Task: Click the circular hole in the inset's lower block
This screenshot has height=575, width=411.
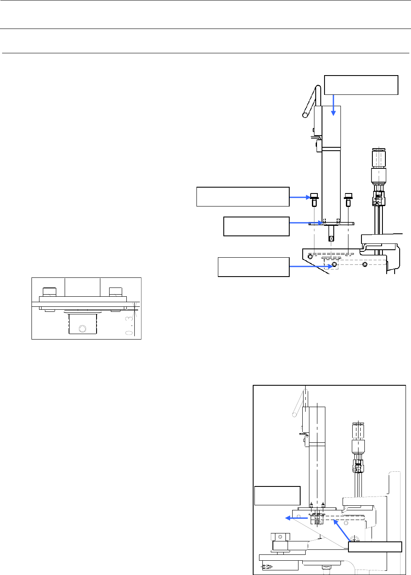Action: pos(82,328)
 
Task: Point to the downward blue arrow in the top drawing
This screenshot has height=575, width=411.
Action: pos(333,105)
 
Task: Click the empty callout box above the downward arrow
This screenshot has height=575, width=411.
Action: pos(361,85)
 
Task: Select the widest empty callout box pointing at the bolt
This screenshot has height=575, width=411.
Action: pos(243,196)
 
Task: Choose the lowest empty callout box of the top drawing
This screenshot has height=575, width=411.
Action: pos(254,267)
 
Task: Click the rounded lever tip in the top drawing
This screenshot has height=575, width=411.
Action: pos(305,113)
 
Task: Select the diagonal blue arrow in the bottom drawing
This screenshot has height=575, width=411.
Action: pos(341,529)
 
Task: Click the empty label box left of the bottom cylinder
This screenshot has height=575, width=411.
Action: pos(277,496)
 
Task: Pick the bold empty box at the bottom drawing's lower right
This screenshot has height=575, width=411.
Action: pos(374,546)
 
